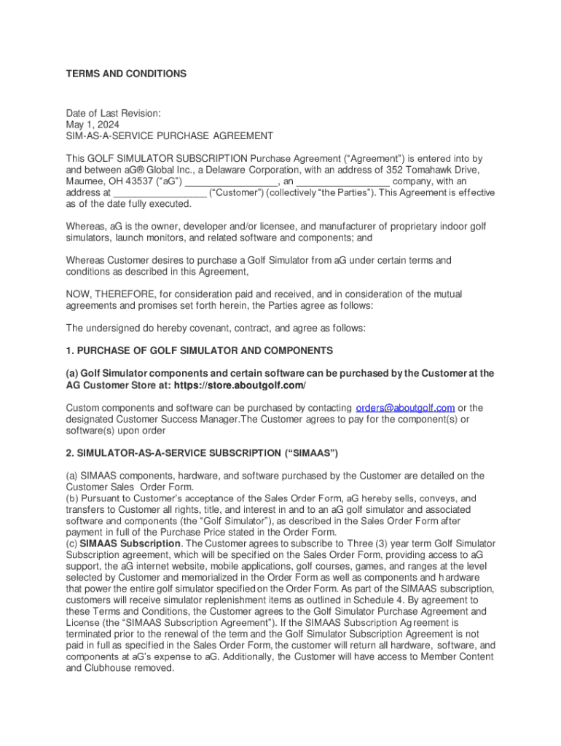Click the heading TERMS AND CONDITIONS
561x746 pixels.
(x=126, y=74)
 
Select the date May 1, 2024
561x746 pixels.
(x=90, y=125)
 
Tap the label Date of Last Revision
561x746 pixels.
(x=113, y=113)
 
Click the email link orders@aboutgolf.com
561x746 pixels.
(x=404, y=407)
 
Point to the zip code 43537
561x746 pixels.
(x=141, y=181)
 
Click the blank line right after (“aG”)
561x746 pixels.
(x=232, y=182)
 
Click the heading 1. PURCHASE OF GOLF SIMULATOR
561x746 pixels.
(x=199, y=350)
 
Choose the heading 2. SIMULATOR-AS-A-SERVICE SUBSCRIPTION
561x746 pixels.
(x=202, y=453)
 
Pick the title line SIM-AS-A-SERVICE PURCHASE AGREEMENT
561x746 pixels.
(x=170, y=136)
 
